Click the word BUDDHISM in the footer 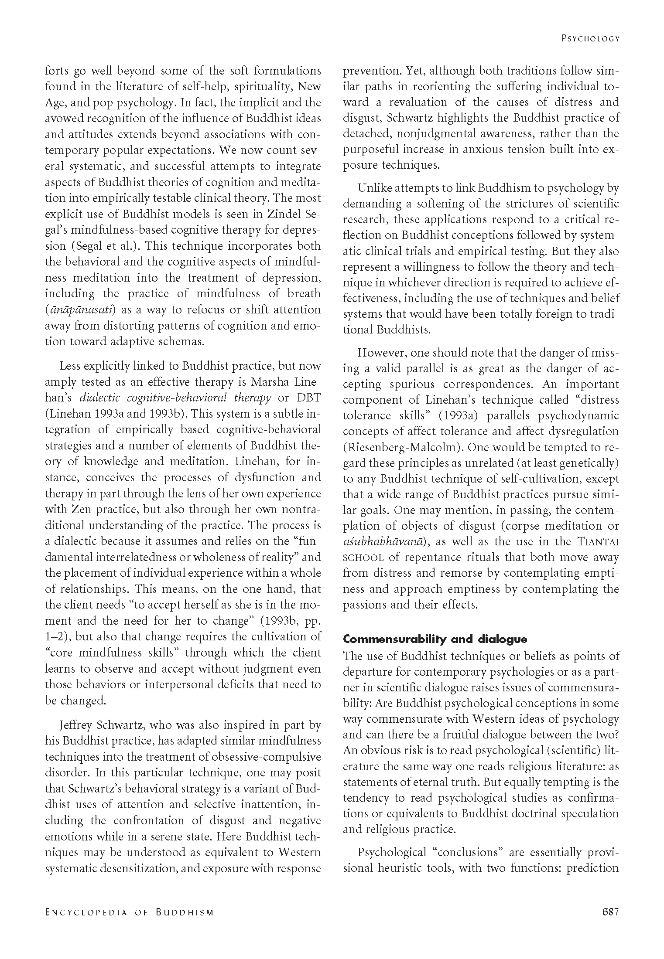185,912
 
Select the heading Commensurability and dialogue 435,639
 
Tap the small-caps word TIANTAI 598,542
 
